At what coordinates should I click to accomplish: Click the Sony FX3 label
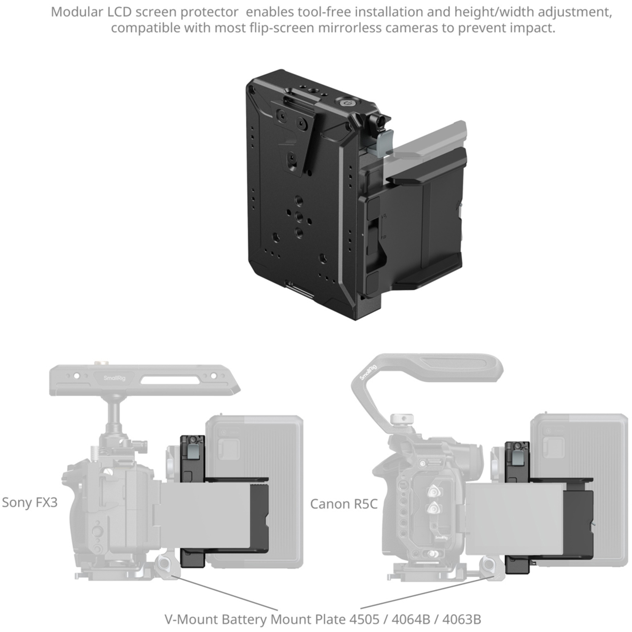click(29, 502)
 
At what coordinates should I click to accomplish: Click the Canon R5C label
click(344, 504)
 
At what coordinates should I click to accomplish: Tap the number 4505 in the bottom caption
click(364, 619)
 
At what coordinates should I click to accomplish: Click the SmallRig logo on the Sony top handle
click(115, 378)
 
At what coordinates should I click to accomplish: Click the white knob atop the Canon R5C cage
click(401, 419)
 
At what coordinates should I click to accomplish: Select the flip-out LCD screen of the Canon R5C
click(514, 518)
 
